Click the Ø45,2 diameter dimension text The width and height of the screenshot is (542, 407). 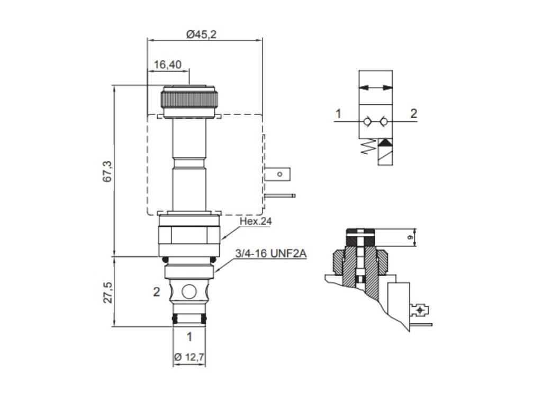pyautogui.click(x=202, y=34)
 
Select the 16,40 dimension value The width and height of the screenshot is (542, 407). pyautogui.click(x=167, y=65)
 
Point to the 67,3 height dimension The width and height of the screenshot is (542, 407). pyautogui.click(x=107, y=171)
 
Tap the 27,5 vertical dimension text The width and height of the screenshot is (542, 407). pyautogui.click(x=107, y=293)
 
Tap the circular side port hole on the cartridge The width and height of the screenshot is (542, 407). pyautogui.click(x=189, y=291)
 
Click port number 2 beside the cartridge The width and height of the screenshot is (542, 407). pyautogui.click(x=157, y=292)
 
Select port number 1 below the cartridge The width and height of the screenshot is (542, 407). pyautogui.click(x=189, y=337)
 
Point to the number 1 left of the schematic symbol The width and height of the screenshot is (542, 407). pyautogui.click(x=338, y=113)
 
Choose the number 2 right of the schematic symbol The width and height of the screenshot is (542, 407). pyautogui.click(x=413, y=113)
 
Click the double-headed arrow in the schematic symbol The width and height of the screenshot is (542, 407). pyautogui.click(x=376, y=87)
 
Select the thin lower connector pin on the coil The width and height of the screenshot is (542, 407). pyautogui.click(x=281, y=196)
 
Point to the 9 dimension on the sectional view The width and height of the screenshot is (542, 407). pyautogui.click(x=410, y=238)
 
